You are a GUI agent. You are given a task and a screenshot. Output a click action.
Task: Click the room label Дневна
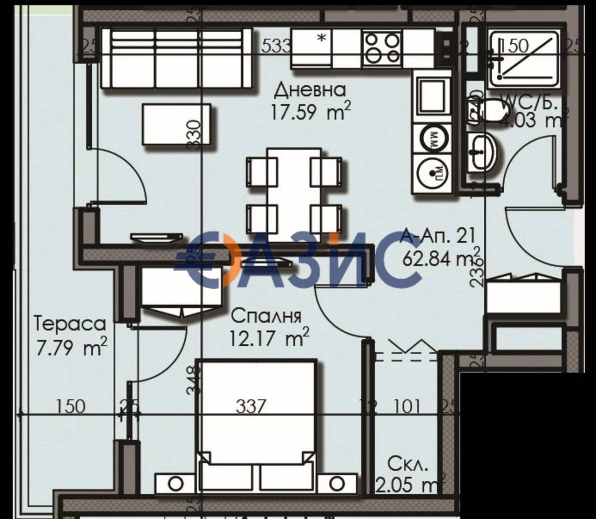tap(310, 90)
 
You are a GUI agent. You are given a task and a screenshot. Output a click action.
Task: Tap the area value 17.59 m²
tap(310, 112)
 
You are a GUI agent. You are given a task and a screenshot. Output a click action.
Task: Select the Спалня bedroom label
tap(266, 316)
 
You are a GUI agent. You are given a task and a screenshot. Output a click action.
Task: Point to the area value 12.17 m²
tap(269, 337)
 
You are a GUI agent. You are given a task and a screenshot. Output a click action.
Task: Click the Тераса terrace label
tap(70, 323)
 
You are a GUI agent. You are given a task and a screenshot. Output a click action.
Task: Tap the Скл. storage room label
tap(407, 464)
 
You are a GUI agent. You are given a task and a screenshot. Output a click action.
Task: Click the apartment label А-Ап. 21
tap(438, 236)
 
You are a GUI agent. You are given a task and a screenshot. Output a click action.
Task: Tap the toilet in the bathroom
tap(489, 112)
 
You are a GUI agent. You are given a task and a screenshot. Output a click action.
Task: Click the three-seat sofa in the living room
tap(176, 58)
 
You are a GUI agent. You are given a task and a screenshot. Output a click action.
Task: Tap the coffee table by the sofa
tap(176, 125)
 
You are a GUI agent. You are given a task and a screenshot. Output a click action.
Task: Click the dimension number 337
tap(251, 406)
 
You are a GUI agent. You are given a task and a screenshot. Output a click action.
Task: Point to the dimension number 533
tap(276, 46)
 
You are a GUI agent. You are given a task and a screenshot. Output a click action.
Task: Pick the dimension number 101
tap(407, 406)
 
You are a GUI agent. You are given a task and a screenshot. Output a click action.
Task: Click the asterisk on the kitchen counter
tap(321, 39)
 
